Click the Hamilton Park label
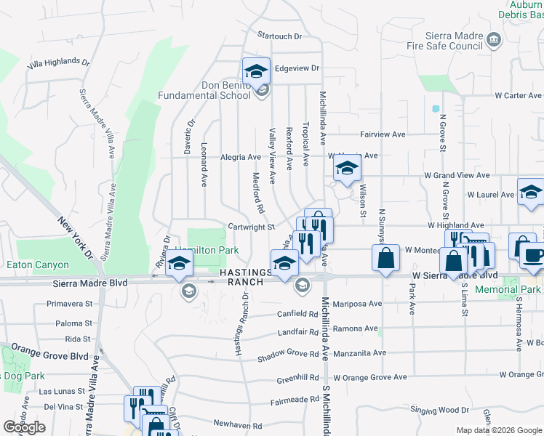[x=207, y=249]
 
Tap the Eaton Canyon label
[x=38, y=265]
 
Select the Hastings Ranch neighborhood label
[x=244, y=277]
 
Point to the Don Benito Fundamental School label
[x=205, y=90]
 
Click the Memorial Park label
[x=508, y=289]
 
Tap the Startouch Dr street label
[x=279, y=36]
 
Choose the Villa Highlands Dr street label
[x=58, y=64]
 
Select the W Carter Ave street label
[x=518, y=95]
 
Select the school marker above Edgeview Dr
[x=256, y=71]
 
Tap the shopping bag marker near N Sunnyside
[x=385, y=258]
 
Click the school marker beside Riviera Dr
[x=179, y=267]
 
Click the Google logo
[x=24, y=427]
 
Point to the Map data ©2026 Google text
[x=498, y=430]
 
